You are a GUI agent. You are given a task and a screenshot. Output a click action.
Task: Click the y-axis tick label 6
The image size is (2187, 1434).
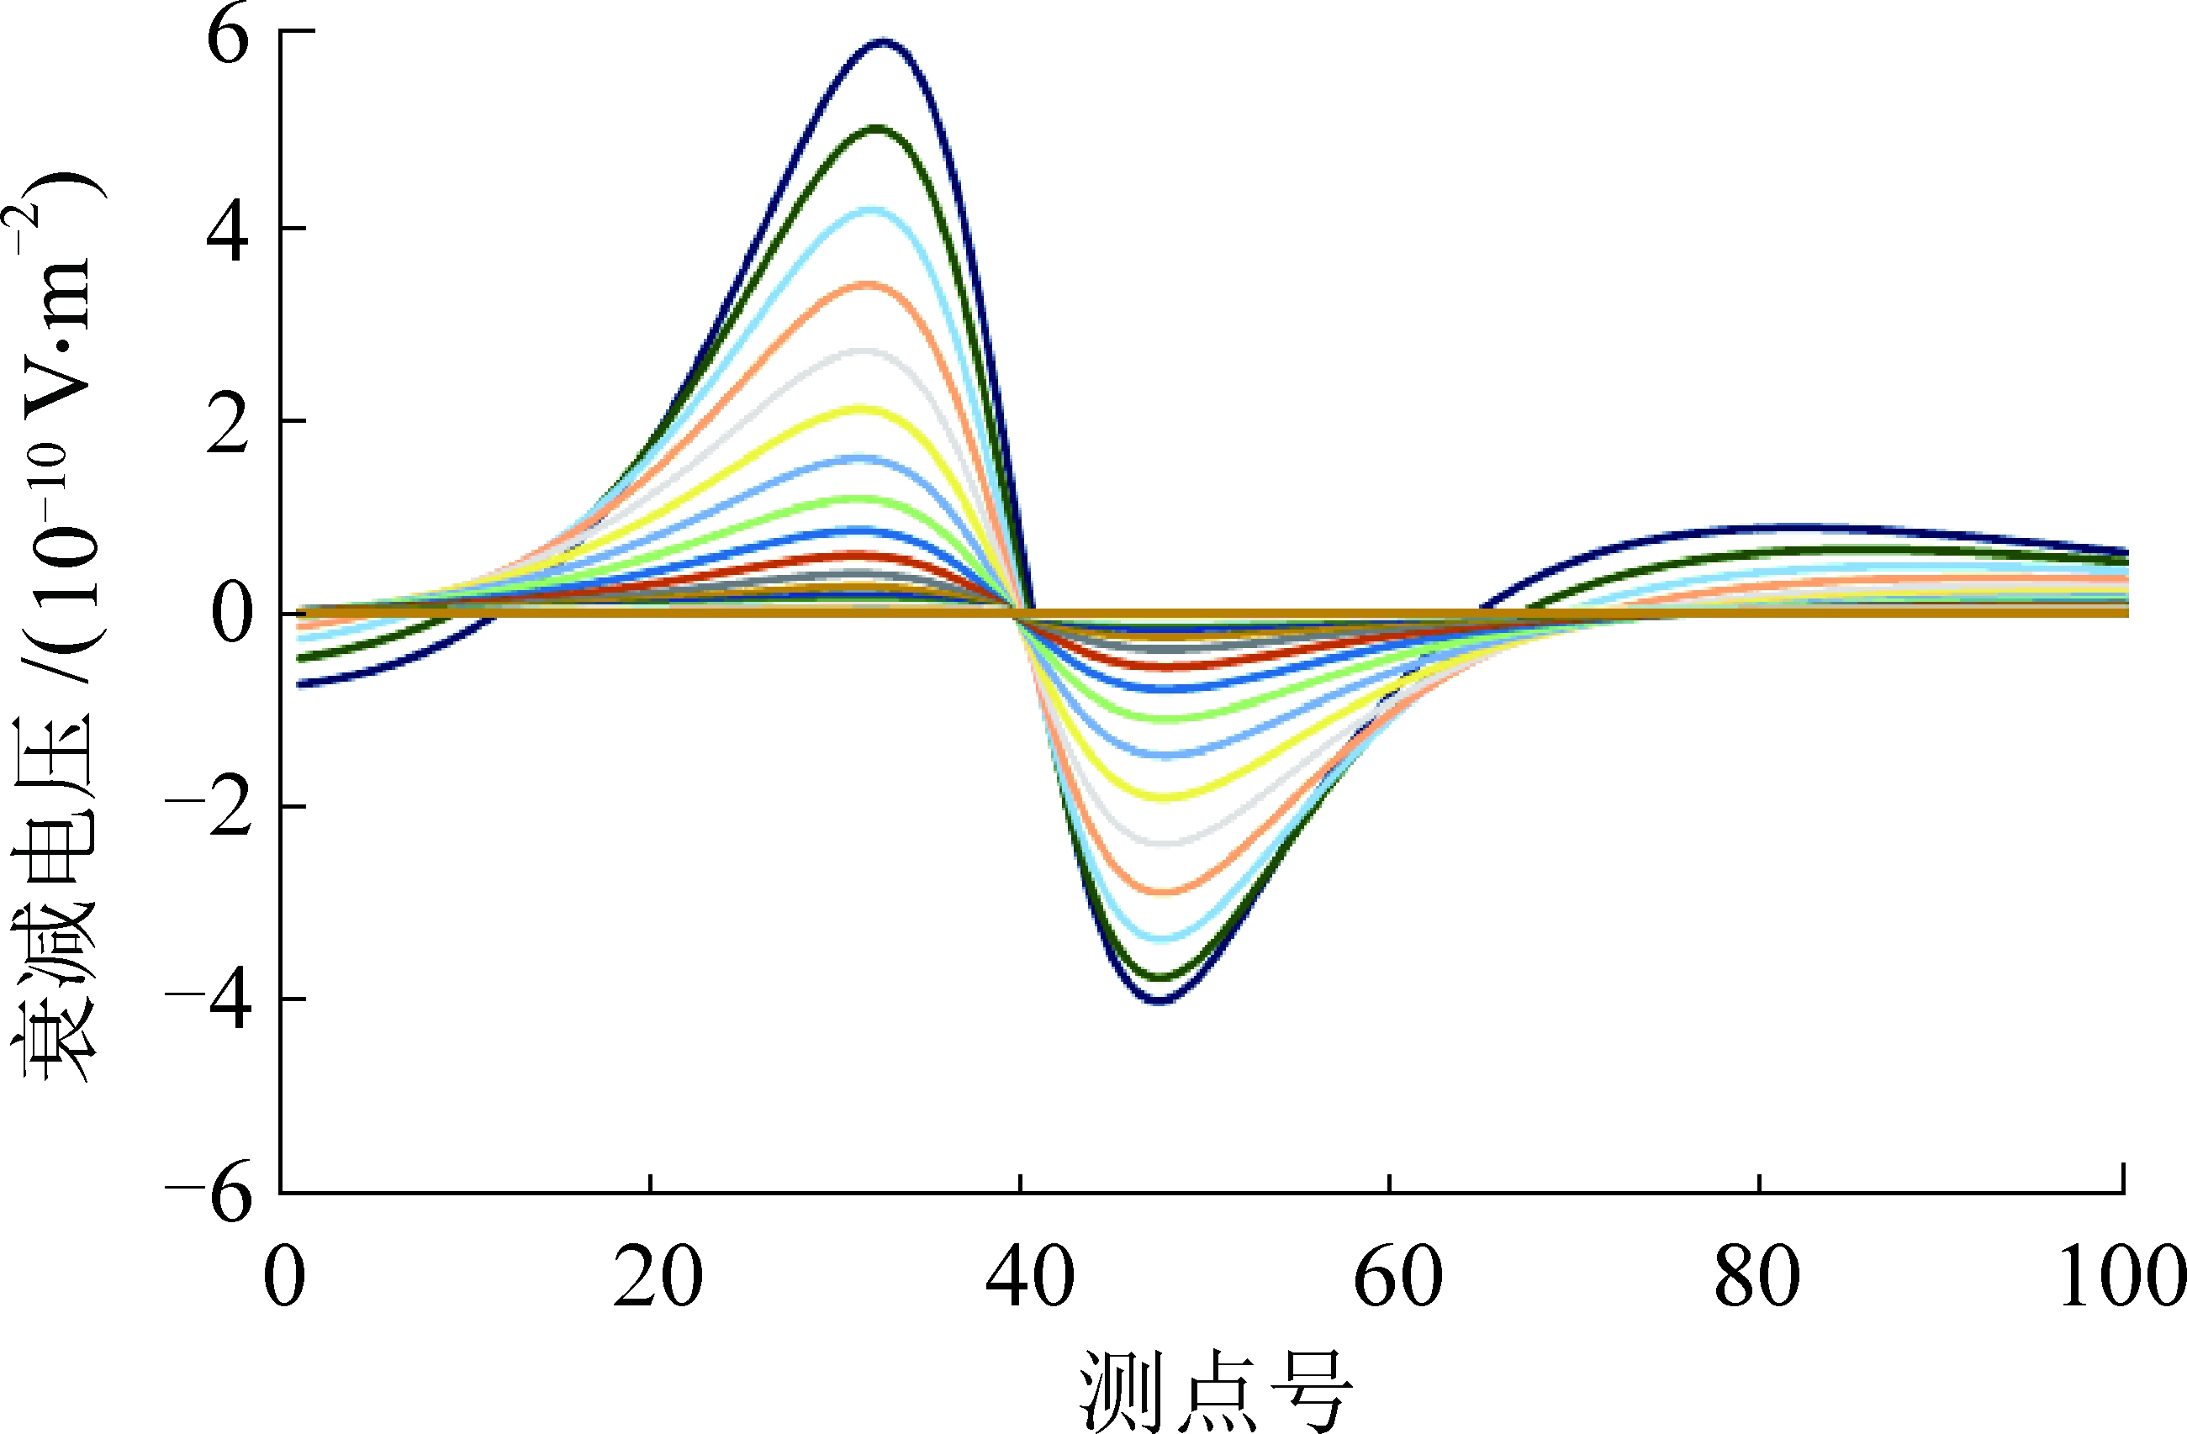click(x=227, y=41)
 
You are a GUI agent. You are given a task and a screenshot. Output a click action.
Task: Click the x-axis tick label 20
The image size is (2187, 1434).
click(x=657, y=1278)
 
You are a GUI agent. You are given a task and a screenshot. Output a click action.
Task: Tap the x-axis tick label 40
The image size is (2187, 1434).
click(x=1029, y=1278)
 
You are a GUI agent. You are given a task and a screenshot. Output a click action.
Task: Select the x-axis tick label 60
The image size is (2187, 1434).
click(x=1397, y=1278)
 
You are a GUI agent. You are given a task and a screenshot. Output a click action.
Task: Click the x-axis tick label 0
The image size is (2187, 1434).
click(x=284, y=1278)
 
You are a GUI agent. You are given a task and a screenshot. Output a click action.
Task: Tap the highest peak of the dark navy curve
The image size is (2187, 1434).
click(x=883, y=41)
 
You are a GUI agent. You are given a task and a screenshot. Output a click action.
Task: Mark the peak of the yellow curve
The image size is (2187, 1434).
click(x=861, y=408)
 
